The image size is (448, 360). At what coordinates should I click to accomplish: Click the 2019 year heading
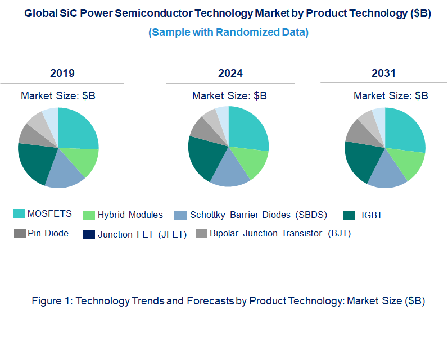click(62, 73)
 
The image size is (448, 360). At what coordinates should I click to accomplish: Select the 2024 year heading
click(230, 73)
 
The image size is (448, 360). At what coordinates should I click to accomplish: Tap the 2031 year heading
click(383, 73)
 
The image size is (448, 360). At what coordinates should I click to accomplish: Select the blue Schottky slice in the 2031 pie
click(388, 175)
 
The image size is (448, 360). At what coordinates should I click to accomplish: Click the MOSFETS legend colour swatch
click(19, 214)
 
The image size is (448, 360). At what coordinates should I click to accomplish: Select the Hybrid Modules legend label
click(130, 215)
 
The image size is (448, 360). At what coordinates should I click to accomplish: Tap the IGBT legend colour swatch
click(349, 215)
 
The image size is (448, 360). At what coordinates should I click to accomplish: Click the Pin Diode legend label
click(48, 233)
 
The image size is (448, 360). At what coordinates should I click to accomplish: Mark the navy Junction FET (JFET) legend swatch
click(88, 234)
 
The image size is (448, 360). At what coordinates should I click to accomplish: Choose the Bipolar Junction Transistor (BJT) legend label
click(280, 233)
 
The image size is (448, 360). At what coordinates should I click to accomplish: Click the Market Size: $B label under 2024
click(229, 96)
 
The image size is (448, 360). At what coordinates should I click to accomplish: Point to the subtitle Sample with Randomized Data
click(228, 33)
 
